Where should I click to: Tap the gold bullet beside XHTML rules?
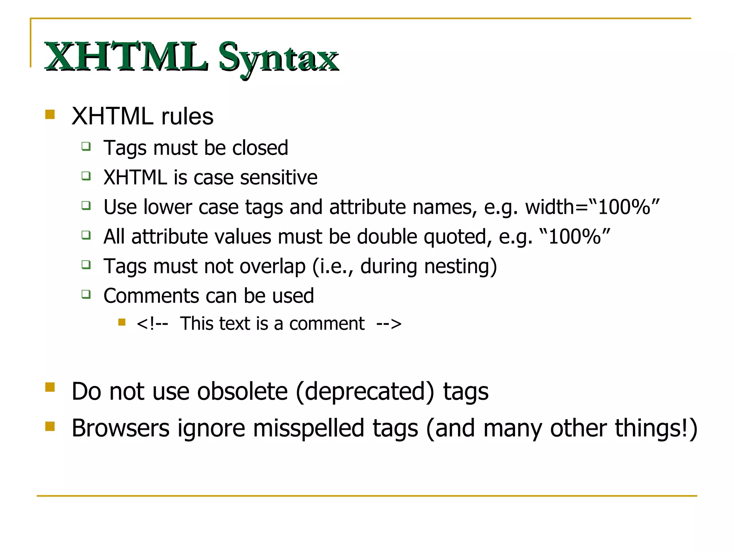[50, 114]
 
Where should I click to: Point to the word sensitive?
[278, 178]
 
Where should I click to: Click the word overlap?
[272, 267]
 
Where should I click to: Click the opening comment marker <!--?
[152, 324]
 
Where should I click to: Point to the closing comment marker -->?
[389, 324]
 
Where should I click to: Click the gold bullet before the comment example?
[122, 322]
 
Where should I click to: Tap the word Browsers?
[120, 428]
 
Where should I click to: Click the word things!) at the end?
[656, 428]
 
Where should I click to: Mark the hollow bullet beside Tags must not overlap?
[86, 265]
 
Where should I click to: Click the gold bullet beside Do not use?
[50, 387]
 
